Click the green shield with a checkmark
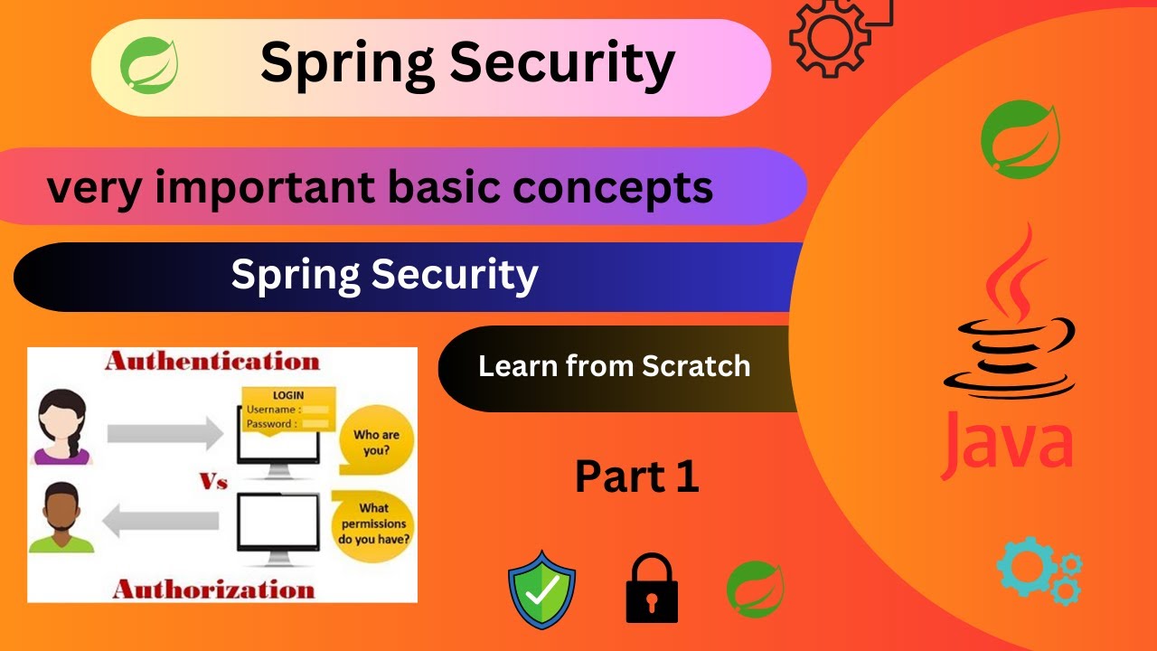541,590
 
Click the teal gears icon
1039,571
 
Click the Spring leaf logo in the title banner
149,65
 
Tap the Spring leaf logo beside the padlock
755,589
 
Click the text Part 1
637,476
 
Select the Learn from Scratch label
614,366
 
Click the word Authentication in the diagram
212,363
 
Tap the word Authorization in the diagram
213,590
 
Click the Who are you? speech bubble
374,442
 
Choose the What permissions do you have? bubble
373,525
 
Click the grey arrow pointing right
164,433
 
